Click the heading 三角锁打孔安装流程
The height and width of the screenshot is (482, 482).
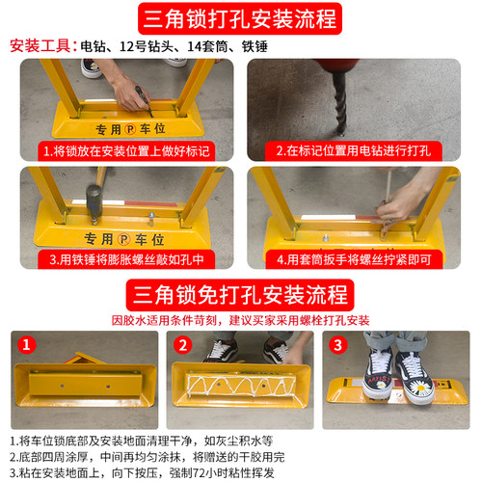click(x=240, y=18)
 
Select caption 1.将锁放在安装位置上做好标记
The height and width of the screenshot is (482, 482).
click(x=125, y=151)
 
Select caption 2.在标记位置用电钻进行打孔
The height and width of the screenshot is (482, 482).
click(x=359, y=151)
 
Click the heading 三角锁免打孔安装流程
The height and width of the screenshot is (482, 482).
click(x=240, y=292)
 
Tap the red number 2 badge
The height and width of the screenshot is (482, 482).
click(x=184, y=344)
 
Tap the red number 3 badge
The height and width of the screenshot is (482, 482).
click(x=337, y=344)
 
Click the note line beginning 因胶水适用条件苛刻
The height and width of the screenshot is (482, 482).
click(x=240, y=319)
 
